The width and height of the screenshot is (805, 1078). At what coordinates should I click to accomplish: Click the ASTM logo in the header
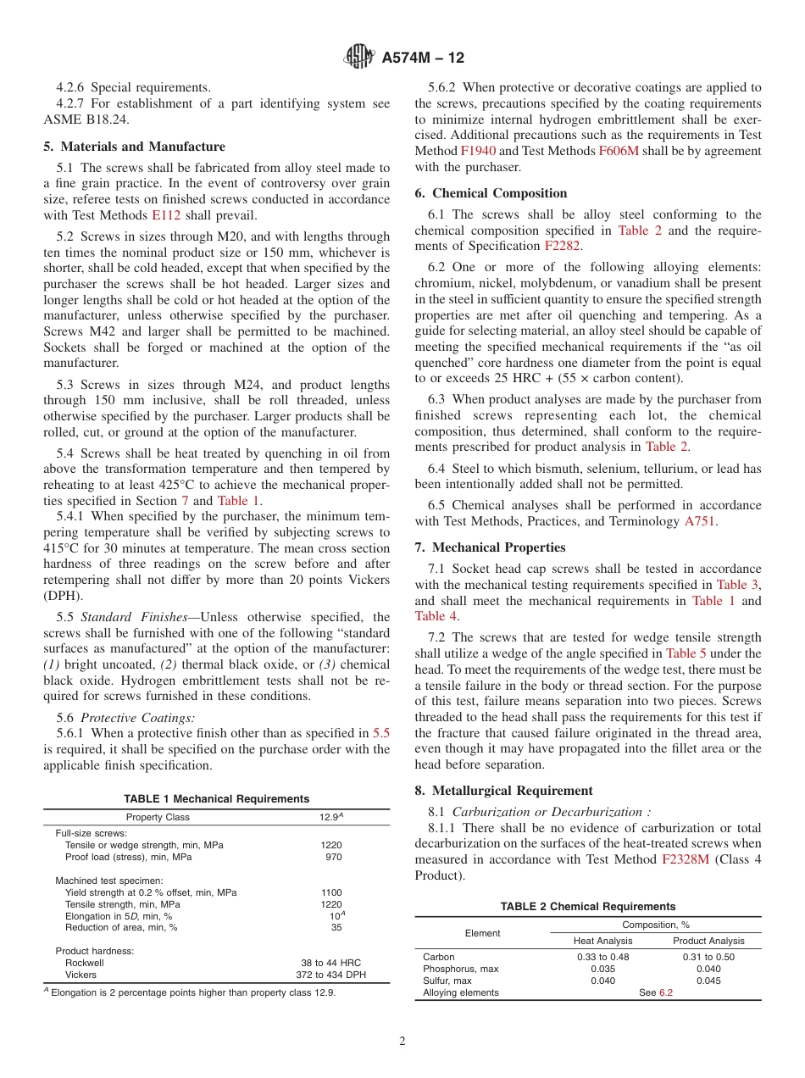359,58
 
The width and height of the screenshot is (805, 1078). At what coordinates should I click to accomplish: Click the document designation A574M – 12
423,58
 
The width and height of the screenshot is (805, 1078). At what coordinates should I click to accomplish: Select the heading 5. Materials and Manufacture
134,147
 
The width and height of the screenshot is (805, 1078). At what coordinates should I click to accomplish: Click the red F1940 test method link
478,151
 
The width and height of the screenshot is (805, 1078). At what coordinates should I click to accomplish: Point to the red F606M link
619,151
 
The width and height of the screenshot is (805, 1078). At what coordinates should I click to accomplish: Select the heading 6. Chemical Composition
491,193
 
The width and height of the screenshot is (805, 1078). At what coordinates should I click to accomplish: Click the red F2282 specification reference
563,246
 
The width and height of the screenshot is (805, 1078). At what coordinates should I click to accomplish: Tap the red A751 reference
700,521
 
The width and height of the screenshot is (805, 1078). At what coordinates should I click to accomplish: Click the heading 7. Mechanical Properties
490,547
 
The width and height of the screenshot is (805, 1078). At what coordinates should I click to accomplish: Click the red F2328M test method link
686,859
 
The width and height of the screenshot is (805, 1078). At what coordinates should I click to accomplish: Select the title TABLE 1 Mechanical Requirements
216,799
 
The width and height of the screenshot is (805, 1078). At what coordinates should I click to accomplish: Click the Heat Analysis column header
602,941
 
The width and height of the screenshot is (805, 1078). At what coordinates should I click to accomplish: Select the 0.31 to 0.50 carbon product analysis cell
708,957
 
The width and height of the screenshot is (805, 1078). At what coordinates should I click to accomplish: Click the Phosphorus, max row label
460,969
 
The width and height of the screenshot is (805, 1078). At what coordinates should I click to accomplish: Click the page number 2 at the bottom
402,1042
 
